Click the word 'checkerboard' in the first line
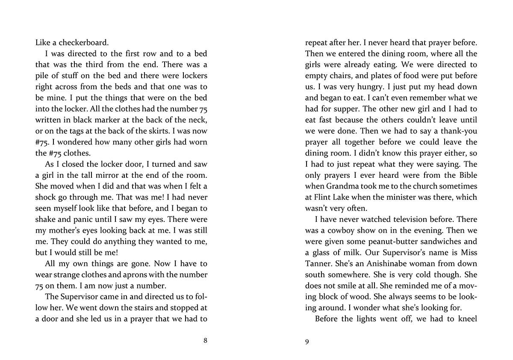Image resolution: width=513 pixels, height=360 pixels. point(80,43)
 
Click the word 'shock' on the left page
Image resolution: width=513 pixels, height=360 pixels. point(45,198)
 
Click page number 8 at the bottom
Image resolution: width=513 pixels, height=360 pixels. point(205,341)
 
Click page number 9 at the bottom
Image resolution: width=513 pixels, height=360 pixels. point(307,341)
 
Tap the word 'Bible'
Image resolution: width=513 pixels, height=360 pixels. point(466,175)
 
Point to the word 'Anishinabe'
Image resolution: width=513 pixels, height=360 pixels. point(373,263)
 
